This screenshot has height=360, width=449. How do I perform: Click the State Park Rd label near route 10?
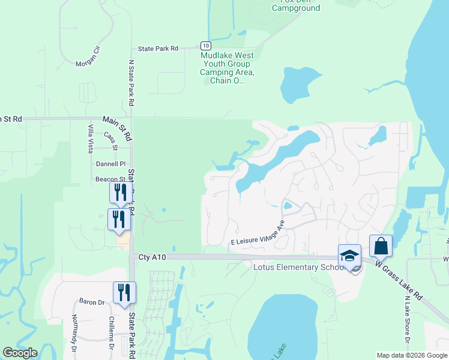coord(158,49)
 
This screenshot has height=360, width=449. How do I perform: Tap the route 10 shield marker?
coord(205,46)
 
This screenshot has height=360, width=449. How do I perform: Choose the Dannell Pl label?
coord(110,164)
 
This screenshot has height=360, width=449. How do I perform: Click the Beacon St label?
coord(110,179)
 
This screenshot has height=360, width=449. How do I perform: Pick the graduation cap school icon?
coord(349,255)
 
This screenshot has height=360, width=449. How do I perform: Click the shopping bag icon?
coord(381,245)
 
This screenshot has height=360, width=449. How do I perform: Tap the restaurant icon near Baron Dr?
coord(124,293)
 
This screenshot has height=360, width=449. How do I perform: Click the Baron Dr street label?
coord(91,302)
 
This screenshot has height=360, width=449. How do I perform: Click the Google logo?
coord(20,353)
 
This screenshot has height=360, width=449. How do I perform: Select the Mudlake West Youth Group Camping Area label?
coord(228,68)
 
